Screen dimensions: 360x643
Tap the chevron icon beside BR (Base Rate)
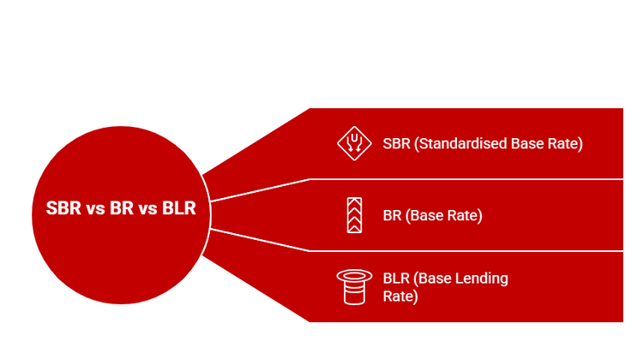pos(352,215)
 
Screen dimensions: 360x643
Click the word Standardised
pos(462,143)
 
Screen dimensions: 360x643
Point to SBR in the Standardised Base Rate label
pos(396,143)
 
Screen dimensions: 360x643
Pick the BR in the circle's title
pos(122,209)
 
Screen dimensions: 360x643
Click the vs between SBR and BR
pos(94,209)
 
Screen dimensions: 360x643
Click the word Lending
pos(483,279)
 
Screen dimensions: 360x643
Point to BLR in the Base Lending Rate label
pos(396,279)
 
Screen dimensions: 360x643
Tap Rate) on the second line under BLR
pos(400,297)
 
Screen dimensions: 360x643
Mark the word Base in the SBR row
pos(529,143)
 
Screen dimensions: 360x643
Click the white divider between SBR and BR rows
pos(463,179)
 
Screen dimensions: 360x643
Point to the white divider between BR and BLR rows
pos(463,251)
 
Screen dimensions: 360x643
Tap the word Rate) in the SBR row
pos(566,143)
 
